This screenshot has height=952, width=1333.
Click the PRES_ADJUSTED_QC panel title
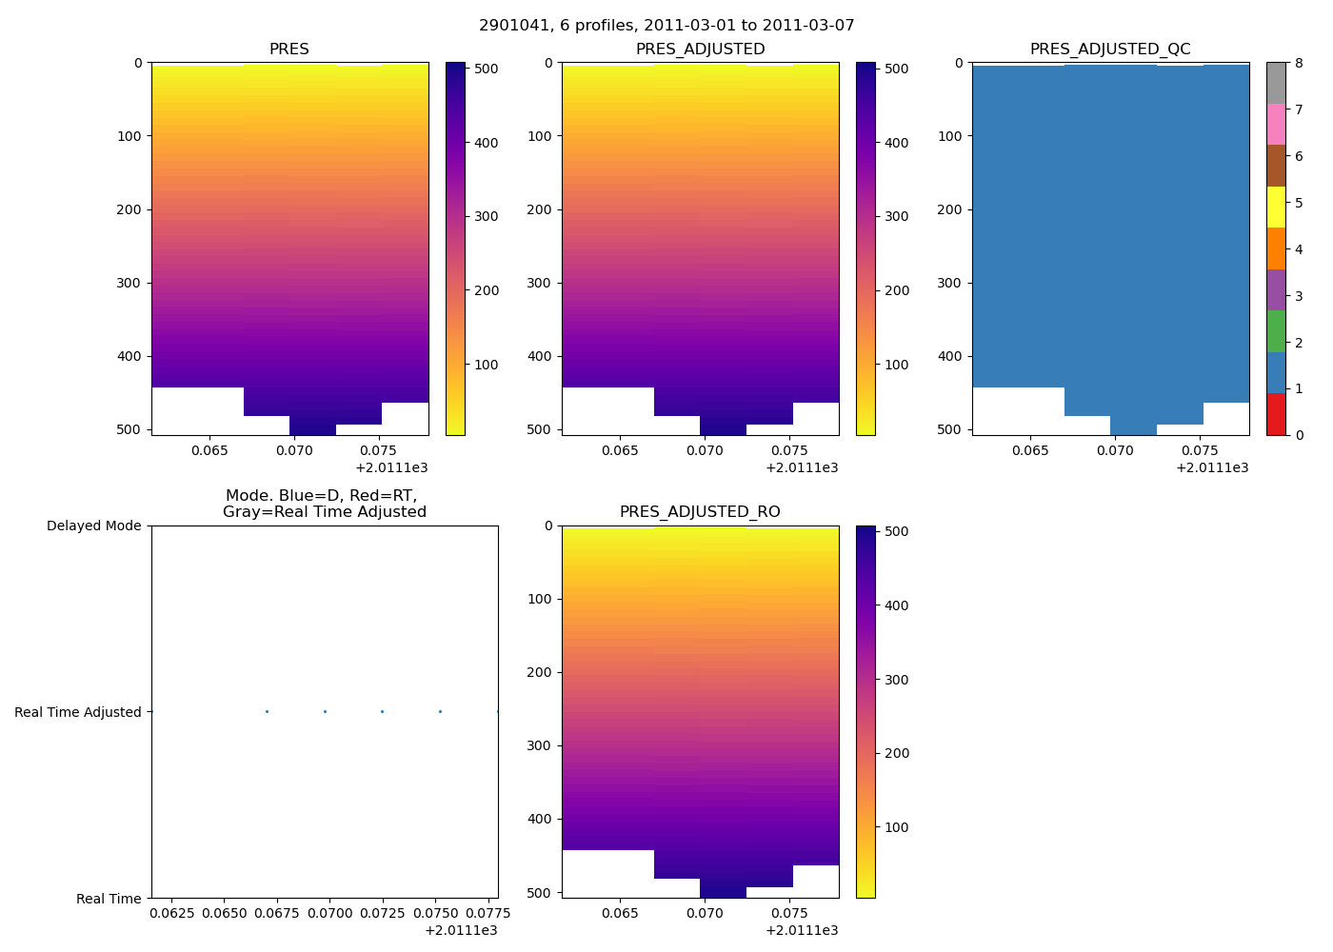pyautogui.click(x=1110, y=50)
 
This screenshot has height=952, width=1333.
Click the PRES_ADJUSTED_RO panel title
pyautogui.click(x=700, y=512)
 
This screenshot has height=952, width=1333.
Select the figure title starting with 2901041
pyautogui.click(x=666, y=26)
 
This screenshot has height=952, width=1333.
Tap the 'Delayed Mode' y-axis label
pyautogui.click(x=93, y=526)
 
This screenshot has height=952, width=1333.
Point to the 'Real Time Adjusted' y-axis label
pyautogui.click(x=78, y=712)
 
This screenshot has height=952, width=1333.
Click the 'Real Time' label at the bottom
pyautogui.click(x=109, y=899)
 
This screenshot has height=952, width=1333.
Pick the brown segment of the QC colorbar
pyautogui.click(x=1276, y=166)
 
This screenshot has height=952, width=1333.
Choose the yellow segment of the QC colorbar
pyautogui.click(x=1276, y=207)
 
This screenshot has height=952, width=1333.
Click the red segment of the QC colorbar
pyautogui.click(x=1276, y=414)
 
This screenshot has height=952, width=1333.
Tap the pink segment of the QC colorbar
pyautogui.click(x=1276, y=125)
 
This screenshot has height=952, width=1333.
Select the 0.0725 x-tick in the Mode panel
pyautogui.click(x=382, y=913)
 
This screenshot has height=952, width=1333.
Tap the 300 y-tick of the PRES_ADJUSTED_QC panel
pyautogui.click(x=950, y=283)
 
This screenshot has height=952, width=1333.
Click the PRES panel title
pyautogui.click(x=289, y=50)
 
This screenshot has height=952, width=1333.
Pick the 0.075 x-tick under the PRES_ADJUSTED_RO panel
pyautogui.click(x=788, y=913)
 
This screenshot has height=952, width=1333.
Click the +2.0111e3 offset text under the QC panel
pyautogui.click(x=1212, y=467)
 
